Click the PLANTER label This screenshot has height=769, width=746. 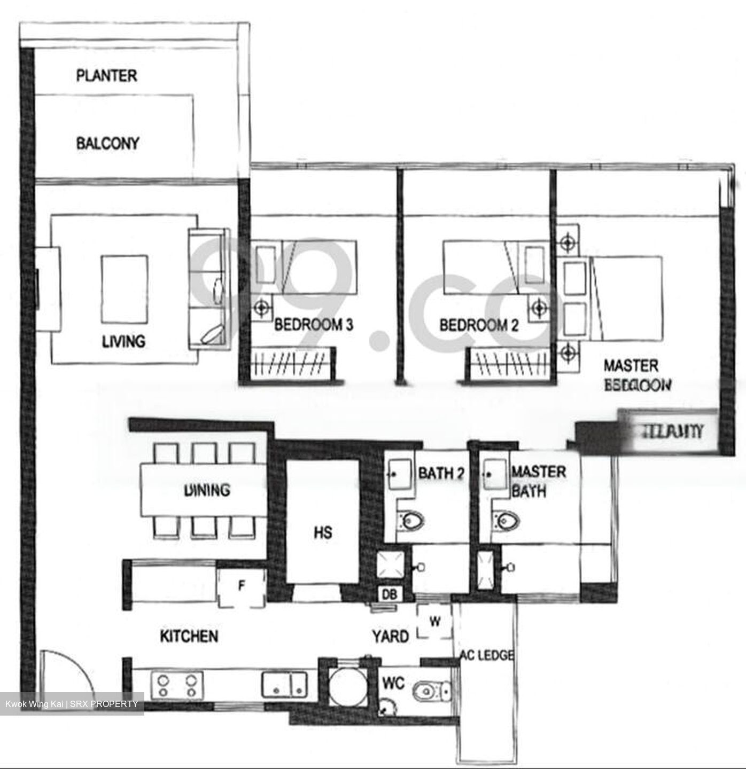(106, 76)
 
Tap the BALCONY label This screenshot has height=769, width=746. (107, 143)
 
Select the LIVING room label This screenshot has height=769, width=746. (123, 341)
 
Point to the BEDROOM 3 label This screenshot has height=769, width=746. (314, 325)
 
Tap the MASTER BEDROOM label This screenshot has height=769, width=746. (636, 375)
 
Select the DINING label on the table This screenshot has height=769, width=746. (207, 490)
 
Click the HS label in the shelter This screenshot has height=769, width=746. (323, 532)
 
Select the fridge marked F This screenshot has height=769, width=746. (242, 587)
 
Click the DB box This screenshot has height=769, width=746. (388, 594)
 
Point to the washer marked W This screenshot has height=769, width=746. (435, 622)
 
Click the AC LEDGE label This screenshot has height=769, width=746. (486, 655)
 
